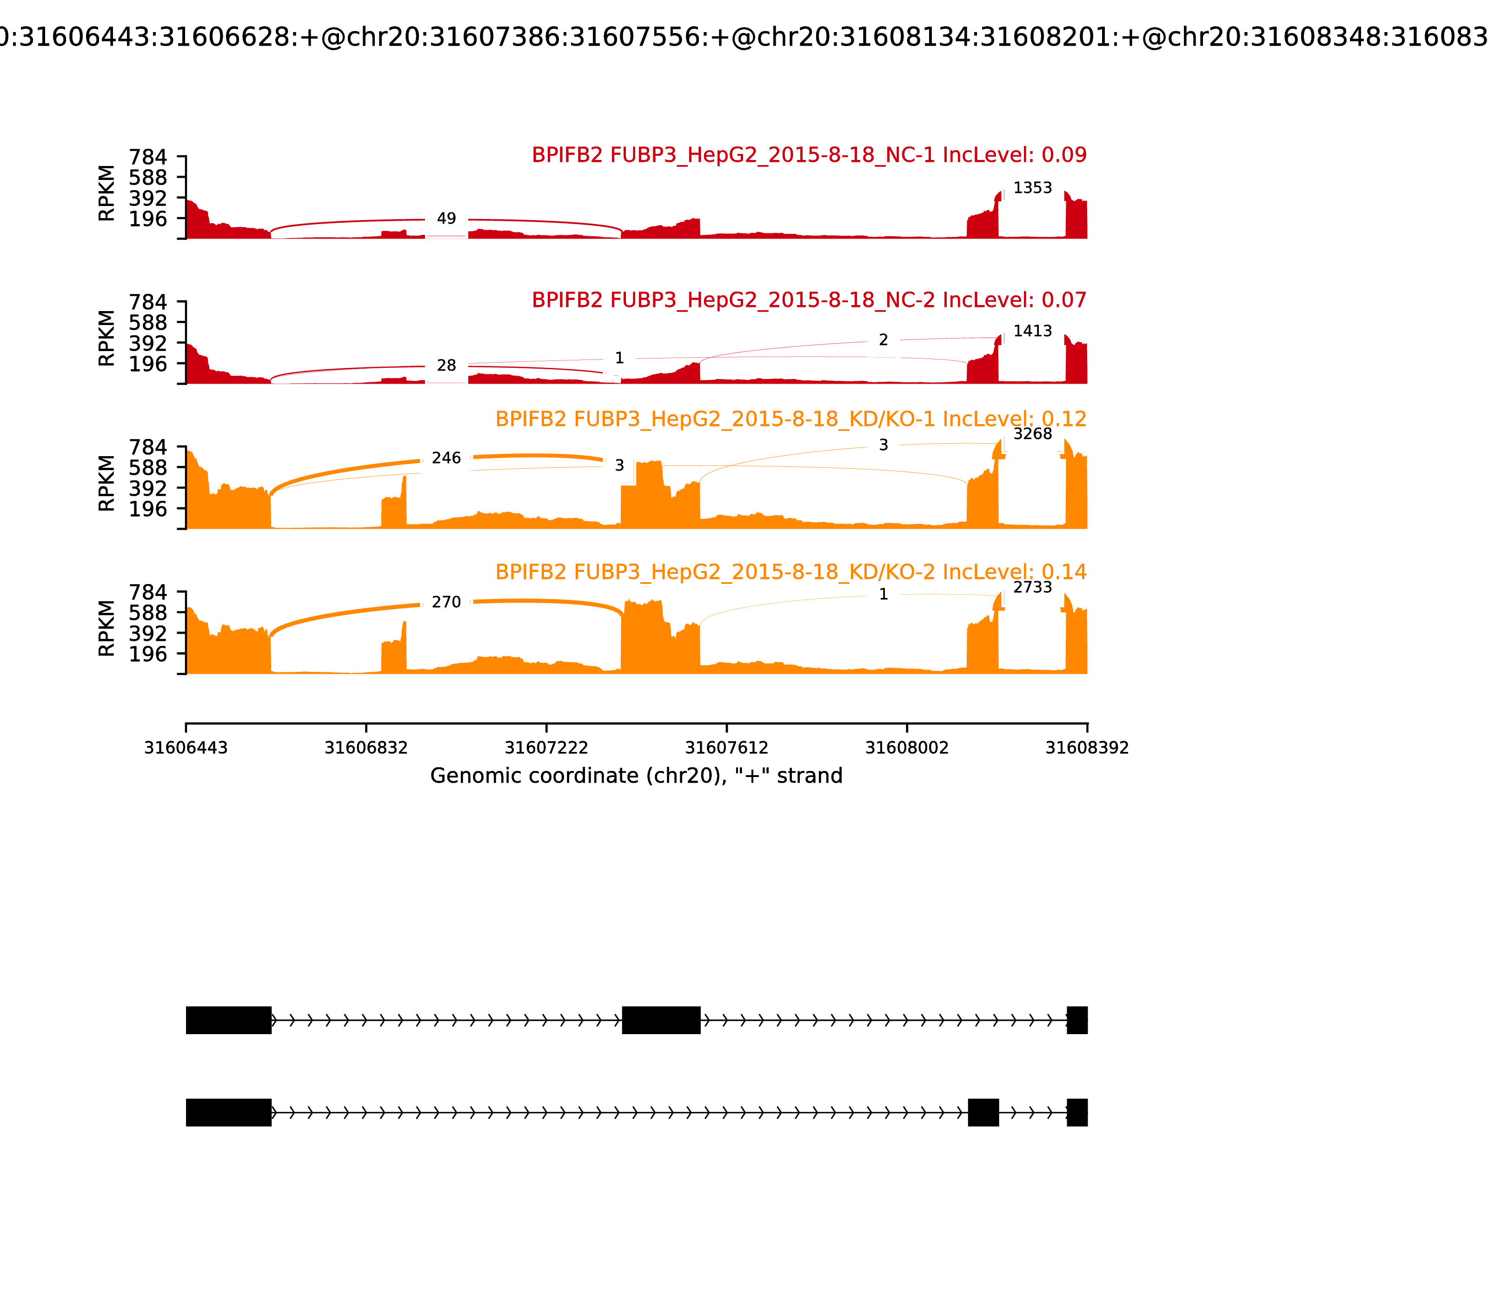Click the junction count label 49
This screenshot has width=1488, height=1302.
coord(446,219)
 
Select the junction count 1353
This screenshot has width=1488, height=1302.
coord(1032,188)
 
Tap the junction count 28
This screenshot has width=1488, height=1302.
coord(446,365)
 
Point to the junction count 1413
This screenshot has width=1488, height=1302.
coord(1032,331)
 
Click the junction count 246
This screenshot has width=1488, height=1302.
coord(446,458)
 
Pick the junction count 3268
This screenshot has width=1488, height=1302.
coord(1032,434)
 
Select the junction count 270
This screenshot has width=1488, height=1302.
coord(446,602)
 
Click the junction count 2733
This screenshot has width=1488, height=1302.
coord(1032,587)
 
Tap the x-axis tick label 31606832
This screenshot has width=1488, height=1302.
coord(366,748)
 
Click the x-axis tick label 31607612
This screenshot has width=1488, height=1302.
coord(726,748)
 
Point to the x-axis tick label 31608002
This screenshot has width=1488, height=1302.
coord(907,748)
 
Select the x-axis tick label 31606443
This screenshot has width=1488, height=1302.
coord(186,748)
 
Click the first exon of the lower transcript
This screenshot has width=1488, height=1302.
coord(228,1112)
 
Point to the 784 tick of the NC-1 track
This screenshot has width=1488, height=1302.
coord(148,158)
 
